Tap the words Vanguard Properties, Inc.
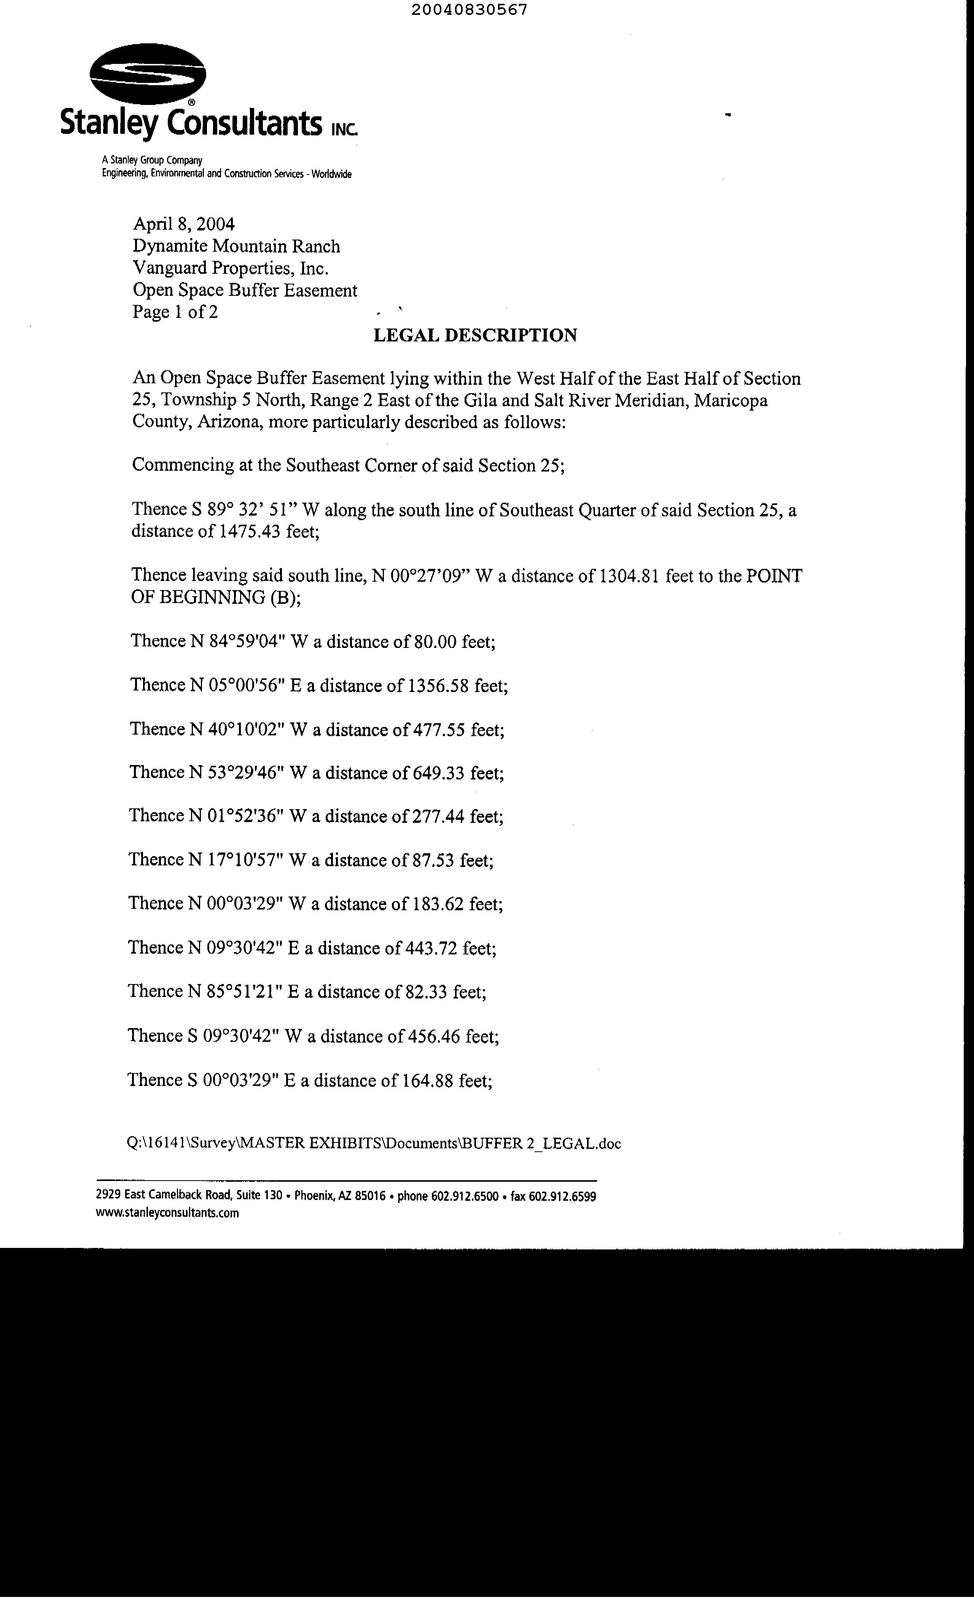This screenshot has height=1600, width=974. point(231,268)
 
